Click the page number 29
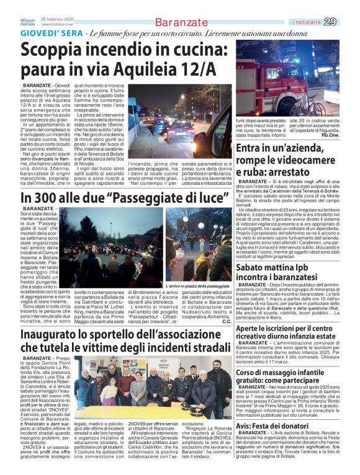348,22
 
